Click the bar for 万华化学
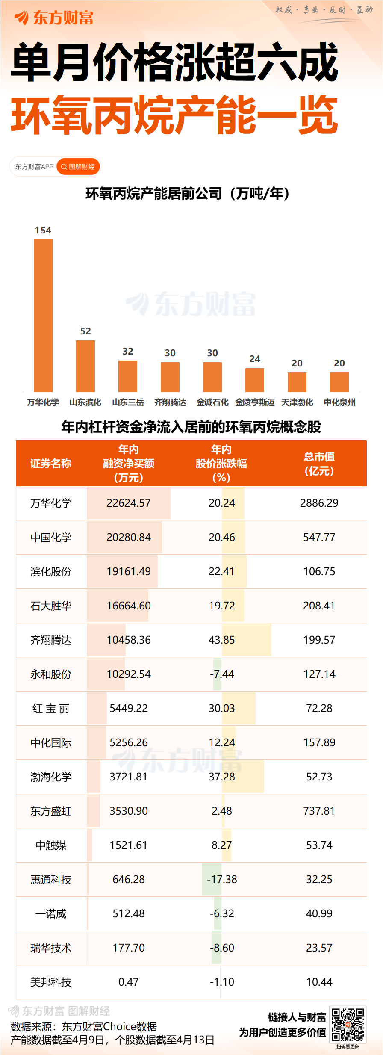click(43, 315)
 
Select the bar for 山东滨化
click(85, 366)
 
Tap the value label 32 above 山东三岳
click(128, 351)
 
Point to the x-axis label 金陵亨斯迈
click(255, 402)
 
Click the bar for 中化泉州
click(339, 382)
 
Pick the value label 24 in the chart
click(255, 359)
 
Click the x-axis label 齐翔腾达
click(170, 402)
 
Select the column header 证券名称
click(50, 464)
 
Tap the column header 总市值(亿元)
click(319, 464)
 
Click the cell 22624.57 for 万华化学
click(129, 503)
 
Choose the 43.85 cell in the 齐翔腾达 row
click(221, 640)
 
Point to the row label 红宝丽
click(50, 709)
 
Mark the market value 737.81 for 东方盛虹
click(319, 811)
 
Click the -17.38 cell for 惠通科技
click(221, 879)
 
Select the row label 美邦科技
click(50, 982)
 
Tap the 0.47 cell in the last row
click(129, 982)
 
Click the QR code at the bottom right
click(348, 1025)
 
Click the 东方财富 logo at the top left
click(54, 18)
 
